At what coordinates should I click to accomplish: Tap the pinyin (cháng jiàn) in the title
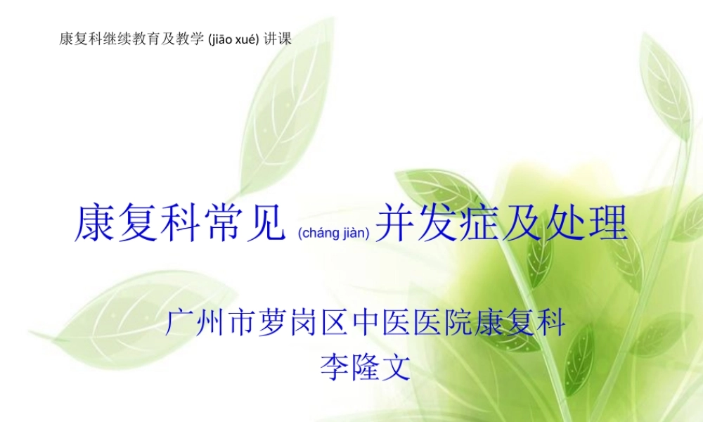pyautogui.click(x=333, y=232)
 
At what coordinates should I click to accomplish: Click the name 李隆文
pyautogui.click(x=365, y=366)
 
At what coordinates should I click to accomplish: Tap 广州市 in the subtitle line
pyautogui.click(x=198, y=324)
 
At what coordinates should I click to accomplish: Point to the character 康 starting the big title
pyautogui.click(x=96, y=224)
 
